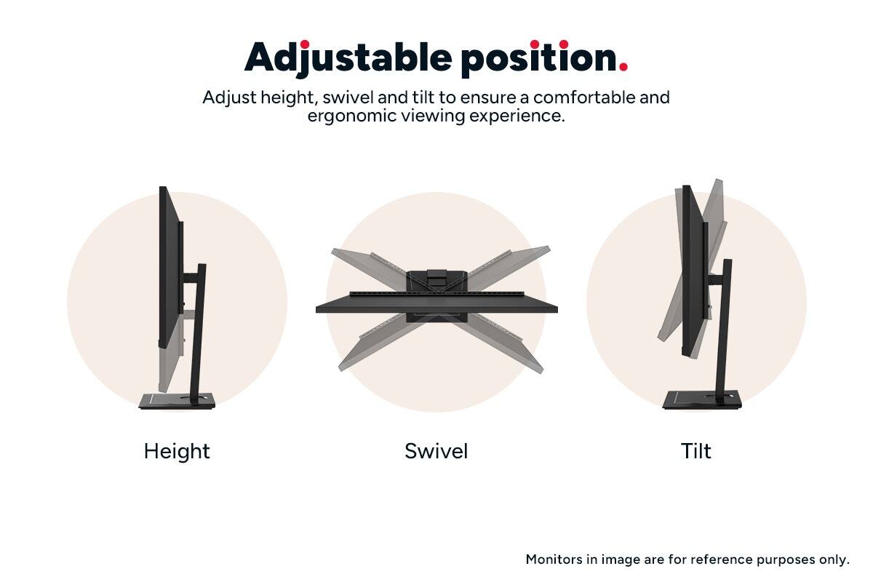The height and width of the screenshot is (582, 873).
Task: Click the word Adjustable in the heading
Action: pyautogui.click(x=348, y=58)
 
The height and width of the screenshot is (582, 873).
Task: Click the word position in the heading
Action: pyautogui.click(x=539, y=58)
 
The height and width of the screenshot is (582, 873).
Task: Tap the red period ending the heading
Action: pyautogui.click(x=623, y=67)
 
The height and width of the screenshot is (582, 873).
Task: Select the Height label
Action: pyautogui.click(x=177, y=451)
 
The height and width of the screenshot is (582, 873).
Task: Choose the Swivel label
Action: pyautogui.click(x=436, y=451)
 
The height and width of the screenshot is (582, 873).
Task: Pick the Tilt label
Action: pyautogui.click(x=696, y=451)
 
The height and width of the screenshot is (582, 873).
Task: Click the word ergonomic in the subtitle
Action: pyautogui.click(x=351, y=116)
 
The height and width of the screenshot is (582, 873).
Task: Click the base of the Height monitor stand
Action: pyautogui.click(x=178, y=401)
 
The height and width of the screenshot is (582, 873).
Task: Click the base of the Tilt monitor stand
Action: pyautogui.click(x=702, y=401)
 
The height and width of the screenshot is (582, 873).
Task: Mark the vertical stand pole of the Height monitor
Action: pyautogui.click(x=198, y=331)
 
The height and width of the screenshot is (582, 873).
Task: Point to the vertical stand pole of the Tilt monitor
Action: pyautogui.click(x=724, y=330)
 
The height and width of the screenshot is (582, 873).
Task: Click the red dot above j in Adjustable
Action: pyautogui.click(x=305, y=44)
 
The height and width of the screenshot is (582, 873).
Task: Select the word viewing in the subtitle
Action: pyautogui.click(x=434, y=116)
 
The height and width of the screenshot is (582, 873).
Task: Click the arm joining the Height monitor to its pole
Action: pyautogui.click(x=191, y=279)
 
